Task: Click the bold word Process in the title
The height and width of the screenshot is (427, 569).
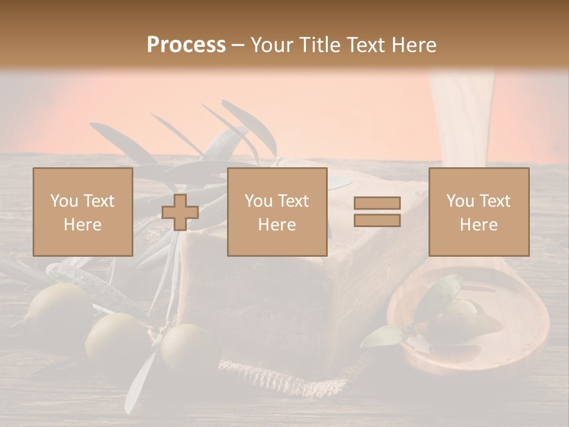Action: coord(186,45)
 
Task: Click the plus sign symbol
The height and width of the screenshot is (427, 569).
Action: coord(180,212)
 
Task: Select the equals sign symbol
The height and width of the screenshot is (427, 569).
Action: coord(377,212)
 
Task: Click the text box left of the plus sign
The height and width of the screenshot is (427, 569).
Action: coord(83,212)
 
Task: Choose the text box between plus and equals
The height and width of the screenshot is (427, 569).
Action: coord(277,212)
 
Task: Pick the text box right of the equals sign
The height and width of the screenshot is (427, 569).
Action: coord(479,212)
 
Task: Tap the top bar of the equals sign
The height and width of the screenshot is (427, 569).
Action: coord(377,203)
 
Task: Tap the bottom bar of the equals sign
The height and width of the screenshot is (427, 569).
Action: coord(377,221)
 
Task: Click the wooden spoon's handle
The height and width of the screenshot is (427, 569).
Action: coord(462,119)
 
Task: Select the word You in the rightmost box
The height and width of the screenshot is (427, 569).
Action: coord(459,201)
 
